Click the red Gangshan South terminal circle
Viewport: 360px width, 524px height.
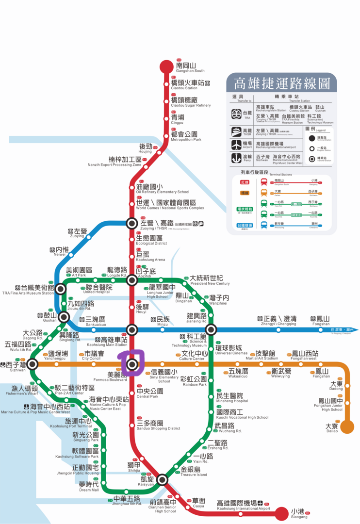[166, 66]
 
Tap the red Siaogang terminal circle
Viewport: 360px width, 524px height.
[282, 513]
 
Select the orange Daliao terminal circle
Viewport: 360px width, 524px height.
[347, 427]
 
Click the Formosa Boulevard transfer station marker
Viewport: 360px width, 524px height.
[132, 364]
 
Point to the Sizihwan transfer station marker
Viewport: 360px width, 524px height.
[33, 364]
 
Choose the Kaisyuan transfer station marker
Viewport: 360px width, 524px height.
[162, 480]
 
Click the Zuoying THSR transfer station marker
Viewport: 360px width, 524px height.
[132, 223]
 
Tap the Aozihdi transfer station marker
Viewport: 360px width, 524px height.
[132, 280]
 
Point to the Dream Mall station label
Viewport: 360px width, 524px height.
[89, 486]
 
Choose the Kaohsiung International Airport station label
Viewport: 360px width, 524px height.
[243, 505]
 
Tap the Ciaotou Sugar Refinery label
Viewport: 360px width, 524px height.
[190, 102]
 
